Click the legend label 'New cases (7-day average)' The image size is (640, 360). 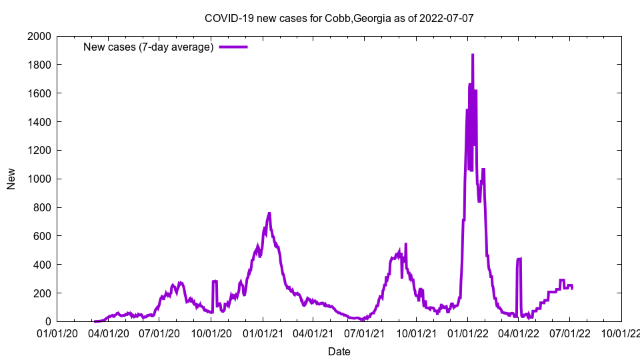[x=148, y=47]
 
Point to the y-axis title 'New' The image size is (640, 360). [x=11, y=179]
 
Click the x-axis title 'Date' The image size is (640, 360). [x=339, y=351]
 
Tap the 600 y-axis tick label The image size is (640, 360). [x=43, y=236]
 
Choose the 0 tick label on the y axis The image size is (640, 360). [x=48, y=321]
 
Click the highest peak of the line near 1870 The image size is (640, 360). [x=473, y=55]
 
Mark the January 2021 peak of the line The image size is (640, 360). [x=269, y=213]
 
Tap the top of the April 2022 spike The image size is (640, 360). [x=519, y=259]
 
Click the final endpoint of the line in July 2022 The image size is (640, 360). [x=572, y=288]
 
